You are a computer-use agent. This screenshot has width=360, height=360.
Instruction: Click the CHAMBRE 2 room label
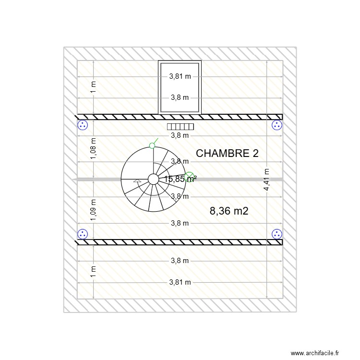click(228, 154)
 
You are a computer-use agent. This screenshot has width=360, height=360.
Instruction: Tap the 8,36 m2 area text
click(229, 210)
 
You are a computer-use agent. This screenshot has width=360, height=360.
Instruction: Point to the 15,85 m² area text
click(180, 179)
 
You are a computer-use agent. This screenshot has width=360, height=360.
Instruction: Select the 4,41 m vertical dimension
click(266, 180)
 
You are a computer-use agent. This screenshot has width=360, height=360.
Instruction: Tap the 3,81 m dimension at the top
click(180, 76)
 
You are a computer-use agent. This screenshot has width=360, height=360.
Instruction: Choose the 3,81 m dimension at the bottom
click(180, 282)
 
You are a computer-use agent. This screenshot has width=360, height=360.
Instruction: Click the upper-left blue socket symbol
click(83, 125)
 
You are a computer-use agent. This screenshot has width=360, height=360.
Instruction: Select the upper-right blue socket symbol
click(277, 125)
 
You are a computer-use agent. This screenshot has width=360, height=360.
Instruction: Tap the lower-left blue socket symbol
click(83, 234)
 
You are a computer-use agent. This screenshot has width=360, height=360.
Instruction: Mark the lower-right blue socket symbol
click(277, 234)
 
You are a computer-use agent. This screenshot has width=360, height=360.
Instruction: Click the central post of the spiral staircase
click(153, 179)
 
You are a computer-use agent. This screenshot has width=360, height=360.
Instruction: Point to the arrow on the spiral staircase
click(137, 181)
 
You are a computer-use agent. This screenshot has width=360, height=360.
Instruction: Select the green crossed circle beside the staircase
click(189, 177)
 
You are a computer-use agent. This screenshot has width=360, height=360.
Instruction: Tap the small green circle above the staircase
click(152, 145)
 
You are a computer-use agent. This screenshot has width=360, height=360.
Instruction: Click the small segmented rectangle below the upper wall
click(180, 127)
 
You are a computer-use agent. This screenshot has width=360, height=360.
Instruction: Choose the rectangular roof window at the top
click(180, 87)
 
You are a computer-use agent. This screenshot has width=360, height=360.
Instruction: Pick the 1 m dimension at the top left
click(93, 86)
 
